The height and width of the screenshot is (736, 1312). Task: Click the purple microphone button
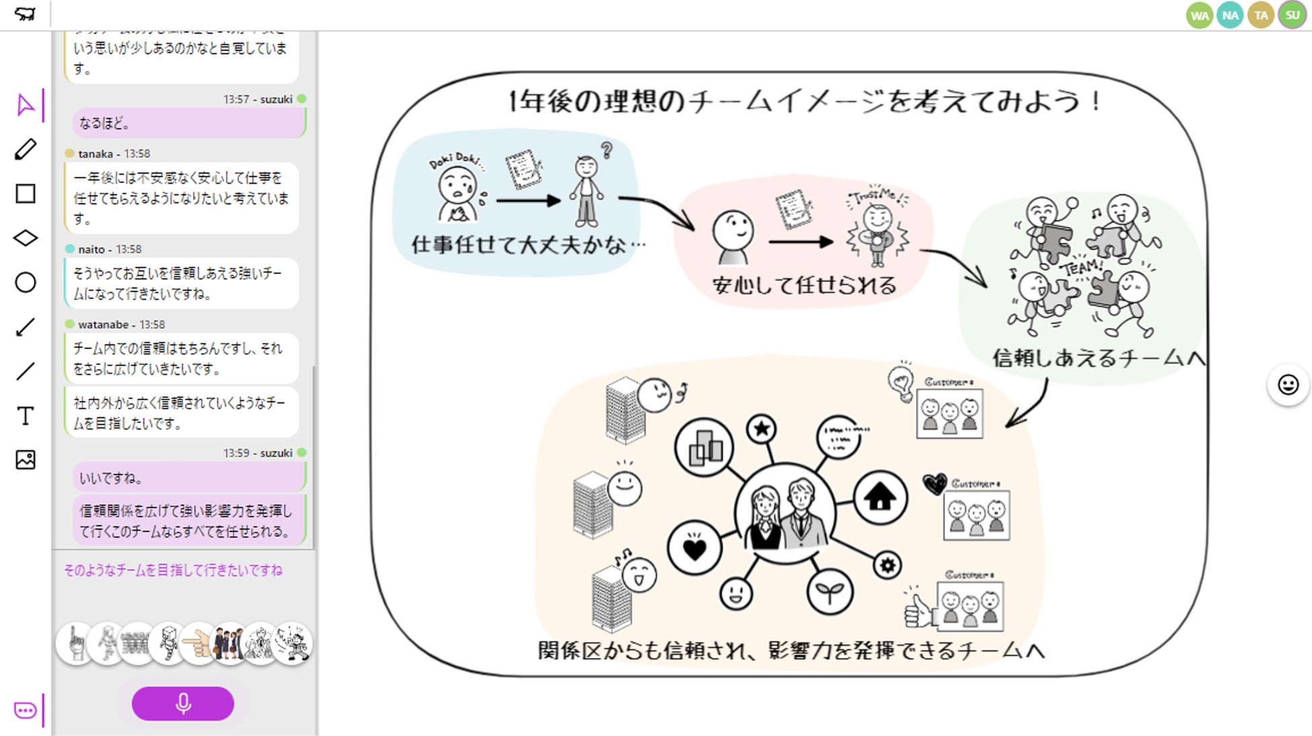click(x=182, y=704)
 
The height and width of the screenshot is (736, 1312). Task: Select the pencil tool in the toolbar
click(x=26, y=149)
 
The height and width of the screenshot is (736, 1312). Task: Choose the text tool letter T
click(x=26, y=416)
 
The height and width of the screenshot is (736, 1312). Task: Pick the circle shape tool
click(x=26, y=283)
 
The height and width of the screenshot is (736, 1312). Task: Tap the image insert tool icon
click(x=26, y=460)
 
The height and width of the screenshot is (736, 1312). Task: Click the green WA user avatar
click(x=1199, y=15)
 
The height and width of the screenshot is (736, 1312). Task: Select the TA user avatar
click(x=1261, y=15)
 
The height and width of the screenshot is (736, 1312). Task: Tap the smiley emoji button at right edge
click(x=1288, y=385)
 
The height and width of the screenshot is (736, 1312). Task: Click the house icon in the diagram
click(x=879, y=498)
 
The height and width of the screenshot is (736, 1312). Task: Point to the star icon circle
click(x=762, y=429)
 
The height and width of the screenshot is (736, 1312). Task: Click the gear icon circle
click(x=887, y=565)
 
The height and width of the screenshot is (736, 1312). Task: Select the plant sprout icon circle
click(x=830, y=592)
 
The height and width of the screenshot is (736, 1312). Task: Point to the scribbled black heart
click(x=934, y=483)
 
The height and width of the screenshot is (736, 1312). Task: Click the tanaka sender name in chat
click(x=96, y=154)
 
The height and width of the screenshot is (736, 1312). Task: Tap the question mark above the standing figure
click(x=607, y=150)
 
